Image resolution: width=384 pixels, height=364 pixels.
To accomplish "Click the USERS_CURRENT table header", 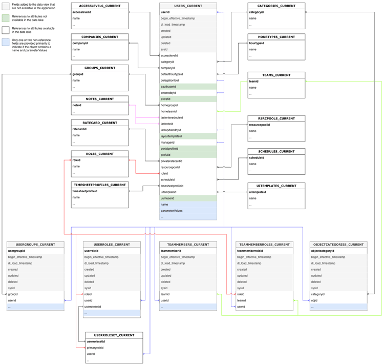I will point(188,6).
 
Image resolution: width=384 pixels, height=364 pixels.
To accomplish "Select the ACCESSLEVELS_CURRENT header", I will point(100,6).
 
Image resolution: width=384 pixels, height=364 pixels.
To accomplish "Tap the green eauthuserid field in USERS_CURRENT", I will point(188,87).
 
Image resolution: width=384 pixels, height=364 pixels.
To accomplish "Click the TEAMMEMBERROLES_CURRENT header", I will point(264,245).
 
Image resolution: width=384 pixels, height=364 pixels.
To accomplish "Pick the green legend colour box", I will point(6,18).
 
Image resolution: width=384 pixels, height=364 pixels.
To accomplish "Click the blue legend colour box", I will point(6,42).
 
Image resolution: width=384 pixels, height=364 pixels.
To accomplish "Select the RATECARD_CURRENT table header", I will point(100,123).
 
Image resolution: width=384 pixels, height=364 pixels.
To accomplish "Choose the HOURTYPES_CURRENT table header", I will point(276,37).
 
